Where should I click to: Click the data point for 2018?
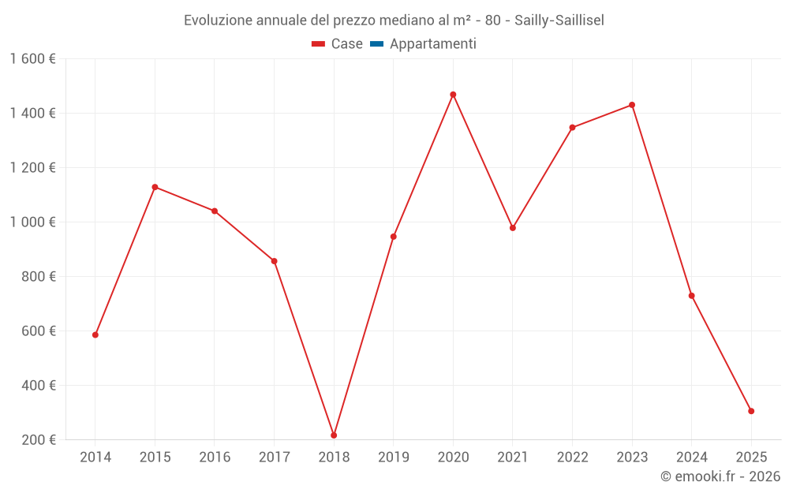(334, 435)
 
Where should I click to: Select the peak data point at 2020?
(453, 95)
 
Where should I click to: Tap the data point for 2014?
(95, 335)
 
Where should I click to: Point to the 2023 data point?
(632, 105)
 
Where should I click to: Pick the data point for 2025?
(751, 411)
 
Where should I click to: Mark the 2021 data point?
(513, 228)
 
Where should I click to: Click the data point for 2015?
(155, 187)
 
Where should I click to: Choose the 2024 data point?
(692, 296)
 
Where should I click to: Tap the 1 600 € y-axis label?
(32, 59)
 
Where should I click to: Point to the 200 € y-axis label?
(38, 440)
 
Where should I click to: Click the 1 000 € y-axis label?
(32, 222)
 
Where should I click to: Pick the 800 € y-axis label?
(38, 277)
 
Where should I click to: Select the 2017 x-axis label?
(274, 458)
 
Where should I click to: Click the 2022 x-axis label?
(572, 458)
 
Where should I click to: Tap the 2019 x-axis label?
(393, 458)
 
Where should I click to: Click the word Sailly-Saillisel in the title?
(559, 21)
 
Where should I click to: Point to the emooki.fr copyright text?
(720, 476)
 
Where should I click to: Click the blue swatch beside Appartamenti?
(376, 44)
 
